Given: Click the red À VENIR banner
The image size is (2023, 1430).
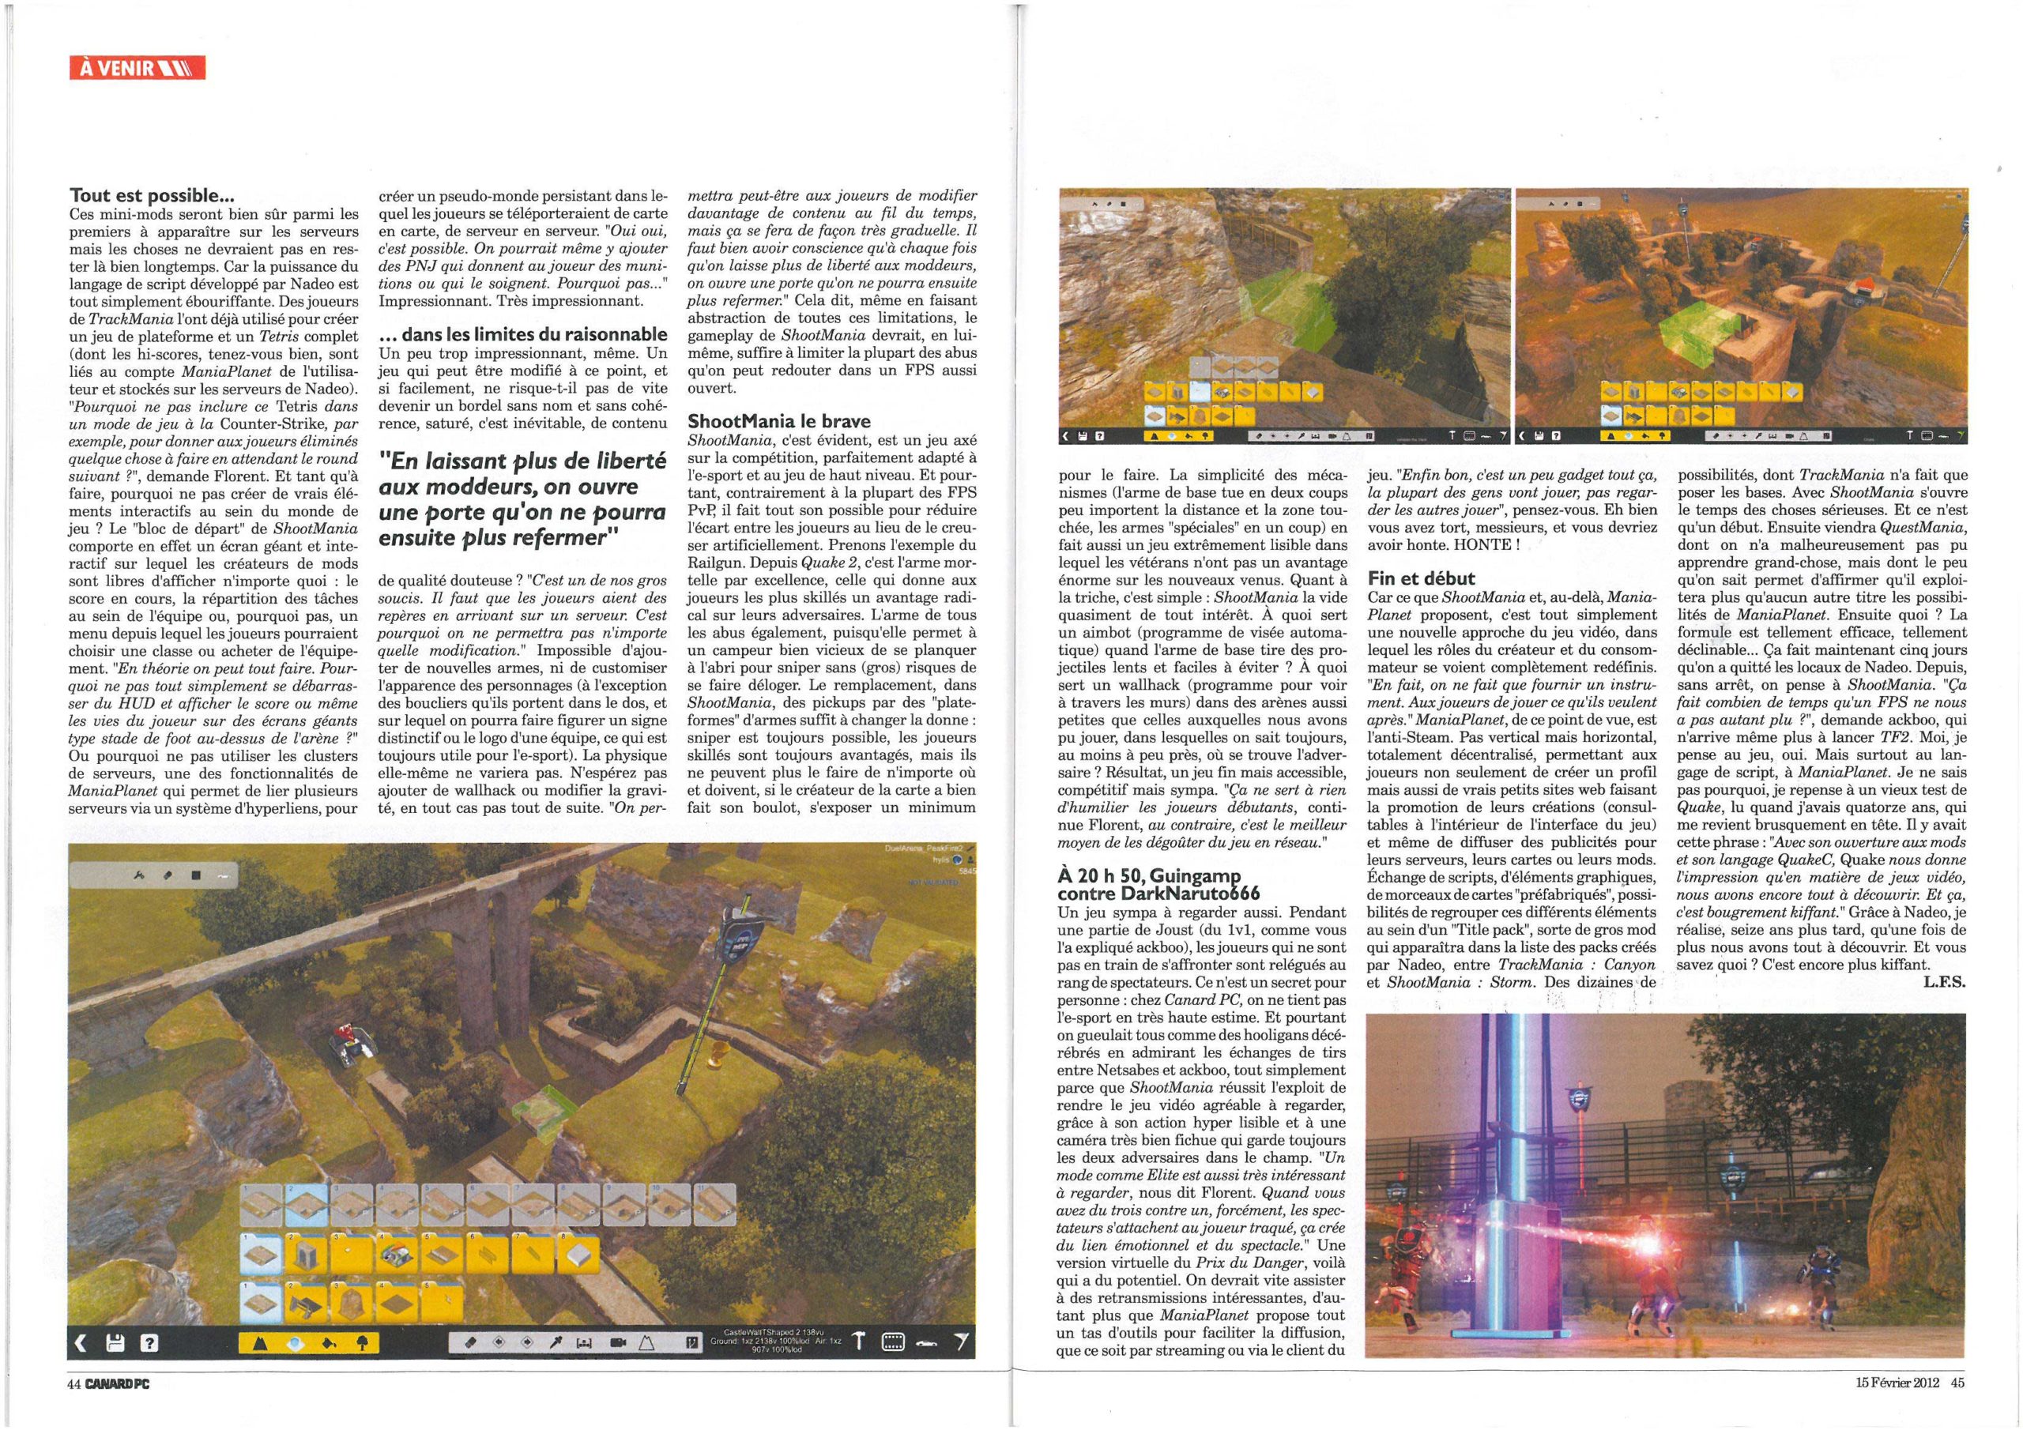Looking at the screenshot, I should (x=137, y=68).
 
